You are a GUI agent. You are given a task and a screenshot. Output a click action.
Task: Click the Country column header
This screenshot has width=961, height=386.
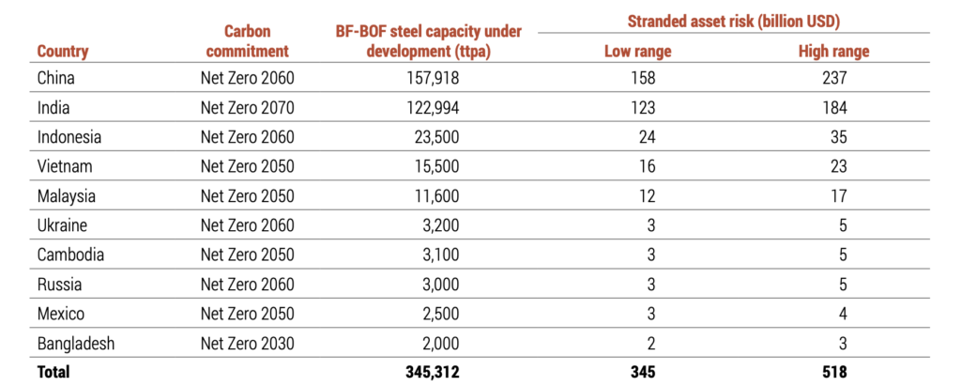(63, 52)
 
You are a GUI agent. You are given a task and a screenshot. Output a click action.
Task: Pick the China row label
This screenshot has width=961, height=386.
(57, 78)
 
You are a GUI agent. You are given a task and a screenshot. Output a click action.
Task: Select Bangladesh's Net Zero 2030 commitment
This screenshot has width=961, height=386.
(248, 344)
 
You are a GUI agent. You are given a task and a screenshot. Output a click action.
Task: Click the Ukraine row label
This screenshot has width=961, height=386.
(64, 225)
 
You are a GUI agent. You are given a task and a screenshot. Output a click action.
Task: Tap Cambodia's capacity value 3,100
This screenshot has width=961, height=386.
(435, 255)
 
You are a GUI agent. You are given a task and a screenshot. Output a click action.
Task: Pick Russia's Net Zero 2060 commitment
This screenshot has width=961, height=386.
(248, 285)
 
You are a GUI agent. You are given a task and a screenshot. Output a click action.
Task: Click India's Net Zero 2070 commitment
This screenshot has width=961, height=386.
(248, 107)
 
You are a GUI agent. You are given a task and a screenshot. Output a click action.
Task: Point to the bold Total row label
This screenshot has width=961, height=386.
(53, 372)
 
